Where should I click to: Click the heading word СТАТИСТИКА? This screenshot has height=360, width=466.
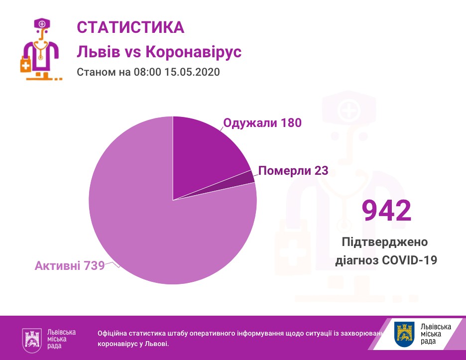130,27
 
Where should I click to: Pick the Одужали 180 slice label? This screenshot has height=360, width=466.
262,122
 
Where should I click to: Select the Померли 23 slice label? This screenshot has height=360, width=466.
293,171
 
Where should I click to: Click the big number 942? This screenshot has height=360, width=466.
386,211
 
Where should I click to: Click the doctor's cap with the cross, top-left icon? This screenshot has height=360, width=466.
41,23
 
